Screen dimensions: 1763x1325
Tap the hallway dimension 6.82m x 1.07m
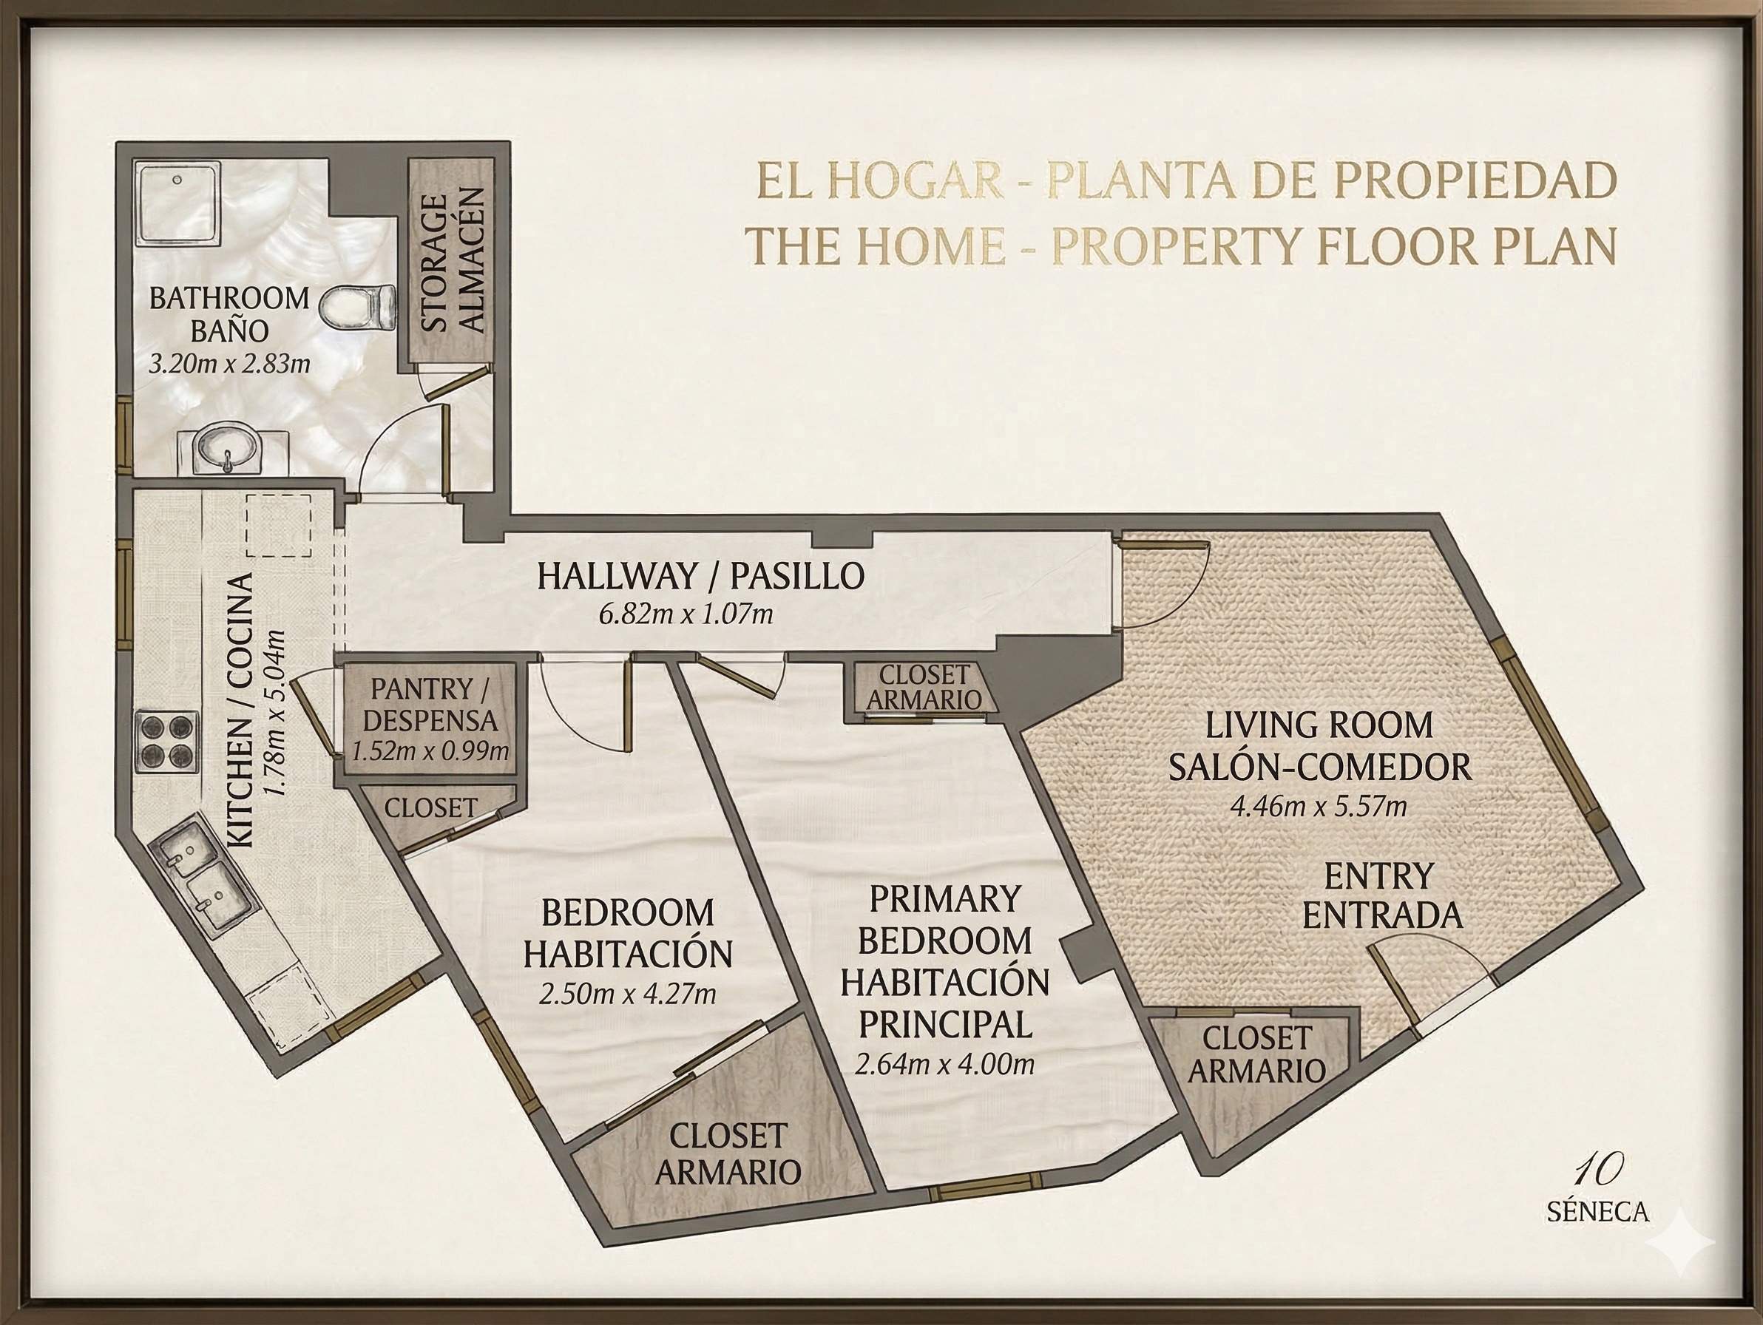pos(686,615)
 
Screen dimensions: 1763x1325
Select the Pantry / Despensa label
pos(430,705)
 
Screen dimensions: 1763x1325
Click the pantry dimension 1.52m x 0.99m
pos(430,750)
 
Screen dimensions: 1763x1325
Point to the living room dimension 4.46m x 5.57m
pos(1319,807)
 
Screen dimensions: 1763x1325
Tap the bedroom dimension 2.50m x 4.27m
pos(627,994)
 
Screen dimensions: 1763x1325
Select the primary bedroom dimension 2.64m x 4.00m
pos(944,1064)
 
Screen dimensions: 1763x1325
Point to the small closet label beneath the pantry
pos(430,807)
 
